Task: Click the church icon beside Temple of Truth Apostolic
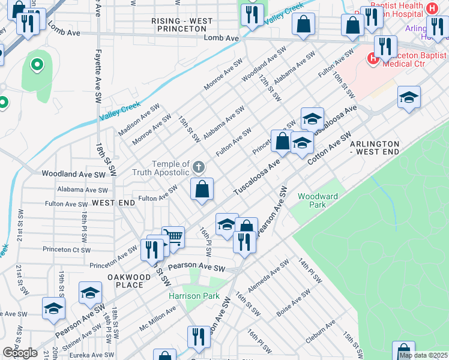tap(199, 166)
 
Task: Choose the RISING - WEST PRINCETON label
tap(182, 25)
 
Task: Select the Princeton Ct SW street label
tap(67, 250)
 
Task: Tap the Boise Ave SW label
tap(294, 303)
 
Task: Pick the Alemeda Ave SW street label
tap(268, 280)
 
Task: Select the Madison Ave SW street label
tap(139, 120)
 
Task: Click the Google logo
tap(20, 353)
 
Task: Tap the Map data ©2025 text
tap(423, 355)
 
